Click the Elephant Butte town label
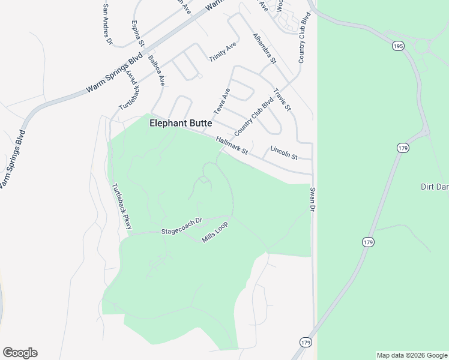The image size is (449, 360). point(180,123)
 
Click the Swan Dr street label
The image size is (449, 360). point(312,200)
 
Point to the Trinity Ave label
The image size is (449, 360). point(223,52)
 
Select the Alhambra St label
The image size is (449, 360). point(264,48)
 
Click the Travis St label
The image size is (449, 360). point(282,100)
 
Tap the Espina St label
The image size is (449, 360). point(137,33)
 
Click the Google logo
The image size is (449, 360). point(20,353)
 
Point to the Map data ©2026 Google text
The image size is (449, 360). point(412,355)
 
